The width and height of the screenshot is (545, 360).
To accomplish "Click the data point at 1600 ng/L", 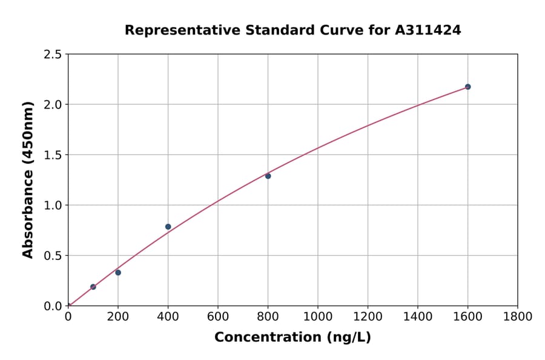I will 467,87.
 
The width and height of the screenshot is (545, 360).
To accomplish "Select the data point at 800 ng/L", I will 268,176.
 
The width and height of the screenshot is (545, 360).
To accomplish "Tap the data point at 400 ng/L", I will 168,227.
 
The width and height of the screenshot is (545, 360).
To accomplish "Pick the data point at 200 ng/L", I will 118,272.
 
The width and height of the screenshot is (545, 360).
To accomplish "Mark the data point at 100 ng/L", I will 93,287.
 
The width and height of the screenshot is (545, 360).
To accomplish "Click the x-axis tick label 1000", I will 317,316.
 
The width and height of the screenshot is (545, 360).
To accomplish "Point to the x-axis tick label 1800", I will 517,316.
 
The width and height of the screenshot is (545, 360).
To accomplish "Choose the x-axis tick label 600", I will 218,316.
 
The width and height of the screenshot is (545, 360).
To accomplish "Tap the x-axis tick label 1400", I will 417,316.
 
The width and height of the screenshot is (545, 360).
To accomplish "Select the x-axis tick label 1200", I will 368,316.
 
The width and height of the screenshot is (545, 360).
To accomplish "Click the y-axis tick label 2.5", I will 53,55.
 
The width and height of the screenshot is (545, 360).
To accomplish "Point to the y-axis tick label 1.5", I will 53,155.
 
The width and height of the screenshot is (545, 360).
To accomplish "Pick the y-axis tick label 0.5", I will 53,256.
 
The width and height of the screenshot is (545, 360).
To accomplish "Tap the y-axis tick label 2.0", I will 53,105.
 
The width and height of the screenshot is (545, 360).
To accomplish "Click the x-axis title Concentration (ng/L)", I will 292,337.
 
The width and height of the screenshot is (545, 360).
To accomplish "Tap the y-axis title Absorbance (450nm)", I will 28,179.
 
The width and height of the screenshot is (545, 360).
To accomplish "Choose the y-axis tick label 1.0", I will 53,205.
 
